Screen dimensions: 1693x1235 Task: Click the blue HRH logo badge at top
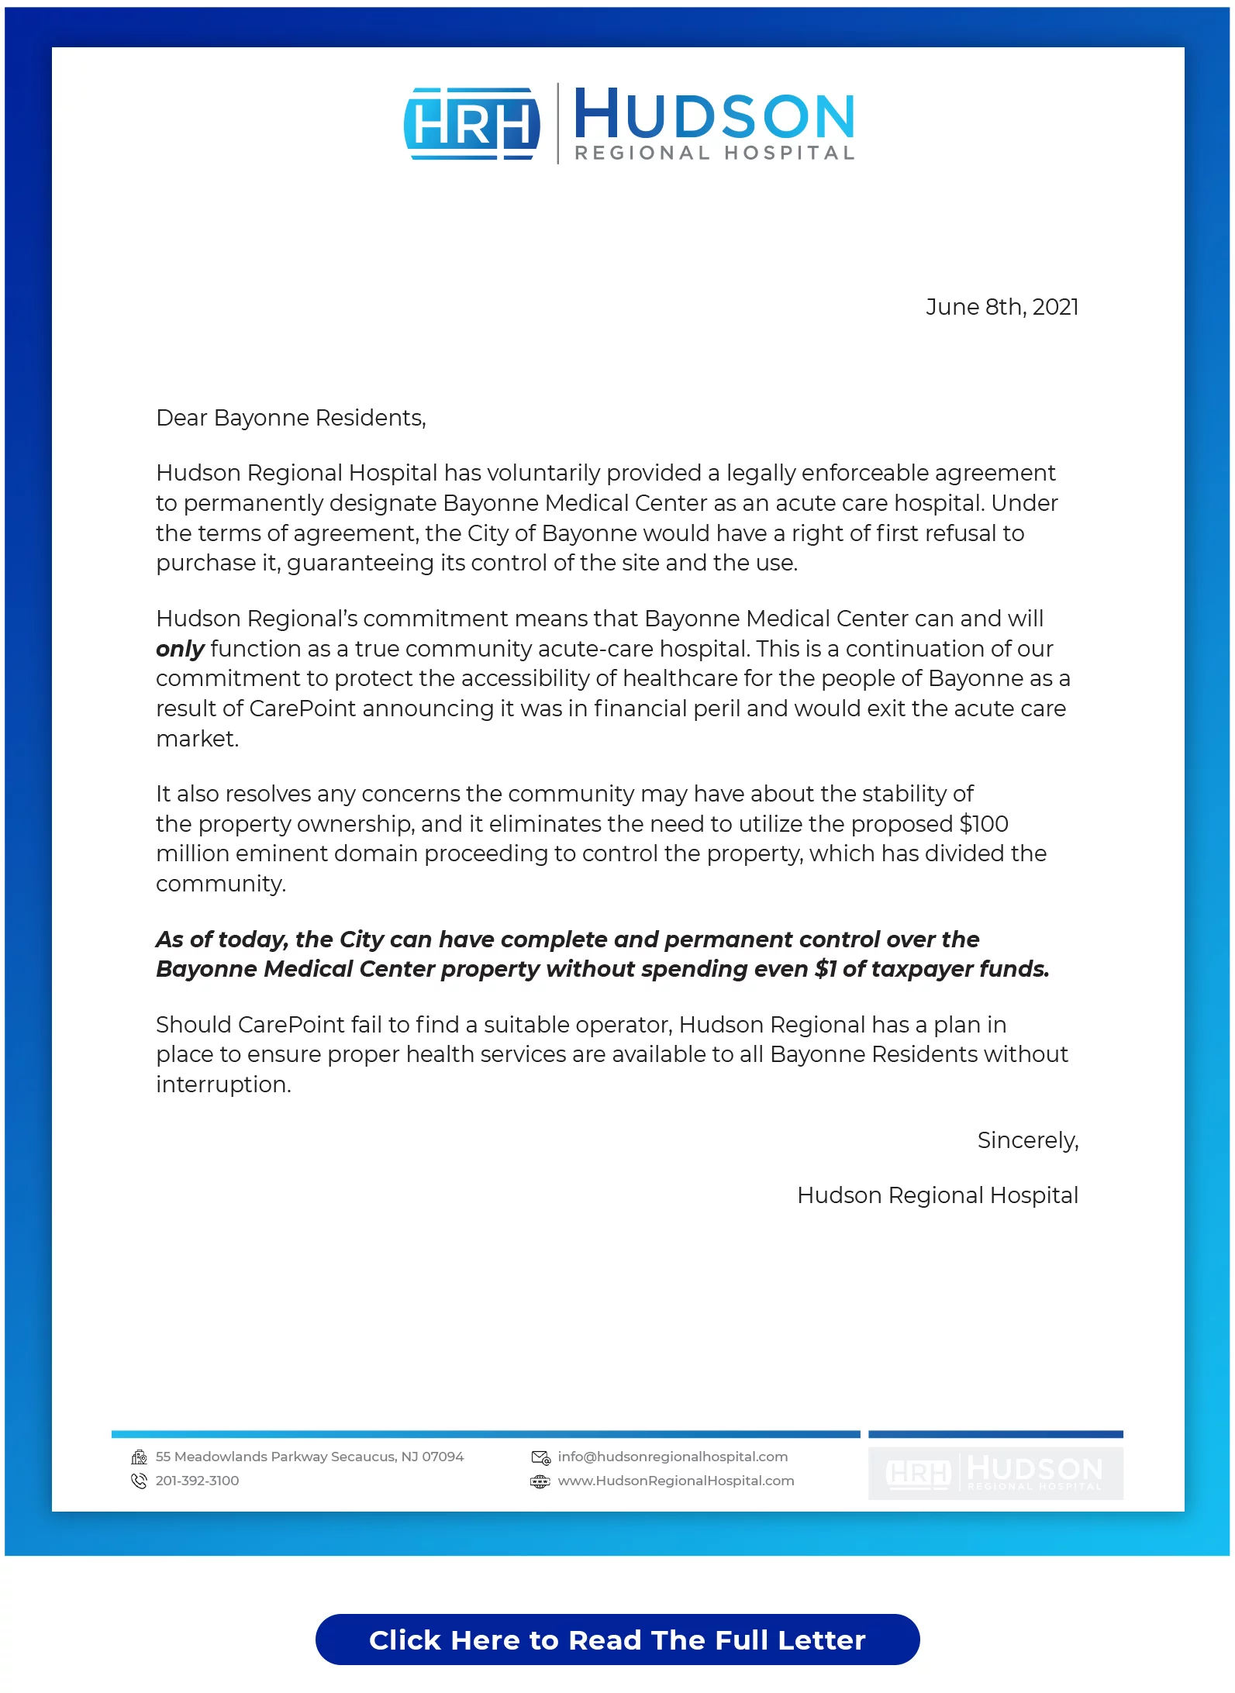point(471,124)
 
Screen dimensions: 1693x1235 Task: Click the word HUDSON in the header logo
point(714,115)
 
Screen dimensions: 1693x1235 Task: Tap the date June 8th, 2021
point(1002,307)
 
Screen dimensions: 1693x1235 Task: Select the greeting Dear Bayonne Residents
point(291,418)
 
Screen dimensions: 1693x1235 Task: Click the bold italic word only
point(180,649)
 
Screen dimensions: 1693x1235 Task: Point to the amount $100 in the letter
point(984,823)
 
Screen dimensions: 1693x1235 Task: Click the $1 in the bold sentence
point(826,969)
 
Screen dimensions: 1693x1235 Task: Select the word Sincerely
point(1027,1140)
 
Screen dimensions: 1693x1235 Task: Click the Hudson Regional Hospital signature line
point(937,1195)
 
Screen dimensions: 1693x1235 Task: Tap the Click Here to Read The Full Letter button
point(617,1640)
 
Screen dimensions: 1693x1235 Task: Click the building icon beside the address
point(140,1457)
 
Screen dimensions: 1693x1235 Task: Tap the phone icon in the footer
point(140,1481)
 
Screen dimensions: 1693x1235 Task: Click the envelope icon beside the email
point(540,1457)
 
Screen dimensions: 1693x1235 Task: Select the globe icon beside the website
point(540,1481)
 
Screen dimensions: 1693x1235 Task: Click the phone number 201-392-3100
point(197,1481)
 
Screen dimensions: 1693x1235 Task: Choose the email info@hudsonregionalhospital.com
point(672,1457)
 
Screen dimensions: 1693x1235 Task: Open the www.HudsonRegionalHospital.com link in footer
point(676,1481)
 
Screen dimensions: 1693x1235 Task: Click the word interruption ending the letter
point(223,1084)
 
